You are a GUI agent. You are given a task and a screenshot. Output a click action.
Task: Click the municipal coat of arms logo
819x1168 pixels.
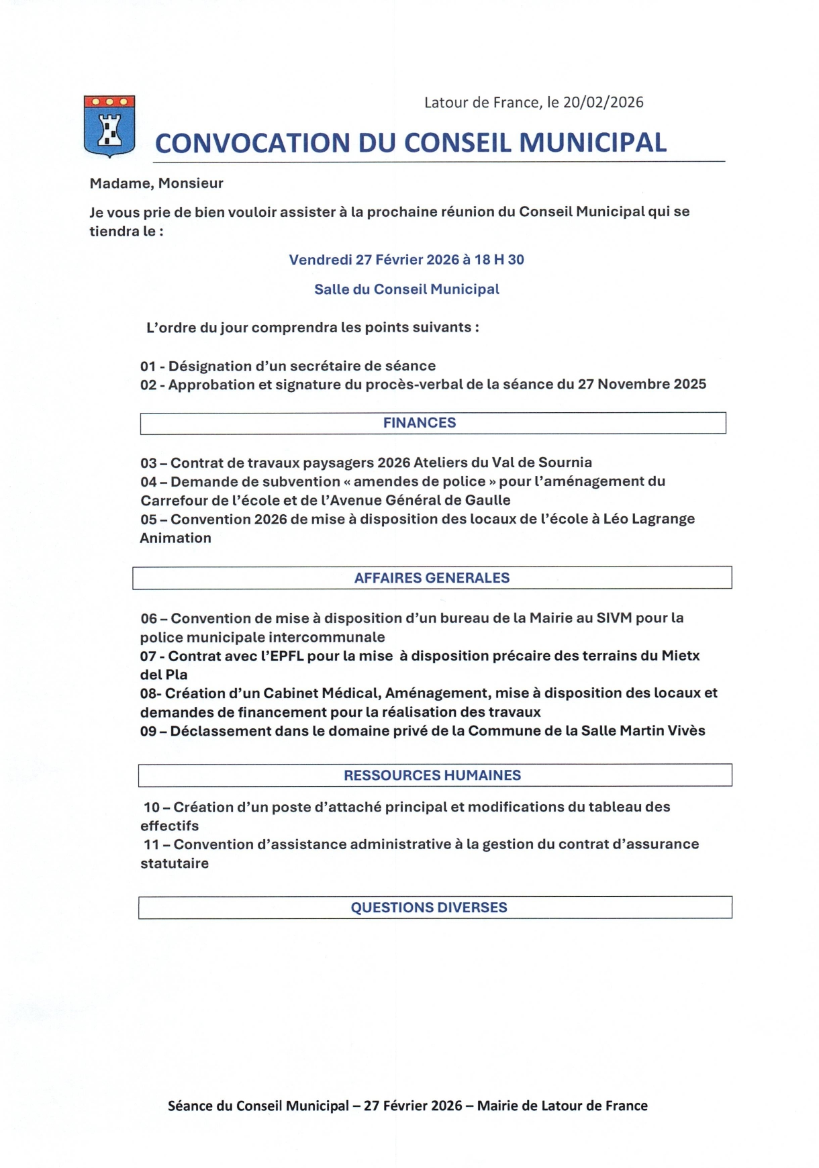109,126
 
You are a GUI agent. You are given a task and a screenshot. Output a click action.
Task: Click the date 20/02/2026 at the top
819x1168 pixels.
603,103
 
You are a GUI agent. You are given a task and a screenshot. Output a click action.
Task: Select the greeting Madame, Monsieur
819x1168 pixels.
156,183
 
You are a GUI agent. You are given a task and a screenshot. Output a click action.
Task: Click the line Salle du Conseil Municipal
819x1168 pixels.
407,289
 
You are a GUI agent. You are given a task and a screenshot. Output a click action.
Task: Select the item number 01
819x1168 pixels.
148,367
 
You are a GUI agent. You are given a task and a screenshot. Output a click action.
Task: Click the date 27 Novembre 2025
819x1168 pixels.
642,384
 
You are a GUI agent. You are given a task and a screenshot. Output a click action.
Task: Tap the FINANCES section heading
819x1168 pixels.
420,423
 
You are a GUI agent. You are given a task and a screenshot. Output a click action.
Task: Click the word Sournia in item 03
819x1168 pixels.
566,463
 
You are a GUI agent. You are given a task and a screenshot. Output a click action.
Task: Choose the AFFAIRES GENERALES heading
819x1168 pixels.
432,578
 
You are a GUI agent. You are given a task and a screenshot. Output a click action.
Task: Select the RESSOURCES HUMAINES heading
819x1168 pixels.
432,775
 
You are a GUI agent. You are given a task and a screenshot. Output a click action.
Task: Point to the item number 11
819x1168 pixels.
151,844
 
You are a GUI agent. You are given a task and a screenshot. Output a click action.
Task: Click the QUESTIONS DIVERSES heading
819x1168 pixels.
429,908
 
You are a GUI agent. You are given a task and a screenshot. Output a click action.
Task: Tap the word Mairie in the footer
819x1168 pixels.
498,1106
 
